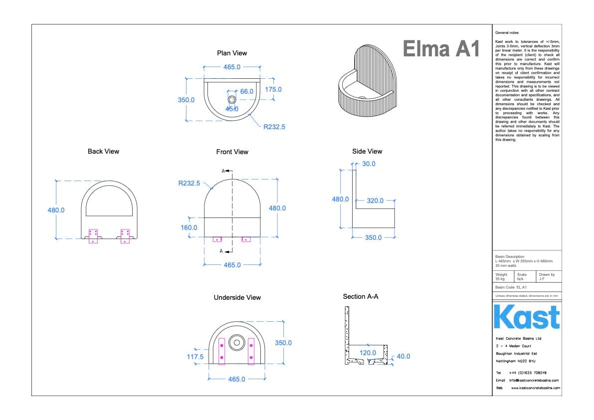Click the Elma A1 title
[440, 49]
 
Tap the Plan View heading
[232, 53]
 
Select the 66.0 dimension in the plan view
[247, 92]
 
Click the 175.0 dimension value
[273, 89]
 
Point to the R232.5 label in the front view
[189, 183]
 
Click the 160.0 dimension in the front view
[189, 227]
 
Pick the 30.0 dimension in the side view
[369, 164]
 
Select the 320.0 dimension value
[375, 201]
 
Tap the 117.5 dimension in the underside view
[195, 357]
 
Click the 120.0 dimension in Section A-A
[368, 353]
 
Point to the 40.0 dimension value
[403, 356]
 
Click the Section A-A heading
[361, 297]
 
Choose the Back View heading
[103, 151]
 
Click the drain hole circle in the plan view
[232, 100]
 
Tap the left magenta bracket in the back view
[93, 235]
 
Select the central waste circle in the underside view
[235, 343]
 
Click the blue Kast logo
[527, 317]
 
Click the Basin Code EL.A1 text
[511, 287]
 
